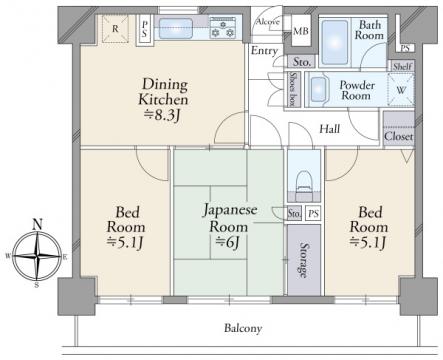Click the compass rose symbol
[37, 256]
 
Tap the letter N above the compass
[37, 224]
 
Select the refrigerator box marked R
[115, 29]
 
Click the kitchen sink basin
[176, 28]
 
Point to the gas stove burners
[223, 28]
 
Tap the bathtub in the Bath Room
[335, 42]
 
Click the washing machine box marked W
[401, 90]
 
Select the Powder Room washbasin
[318, 89]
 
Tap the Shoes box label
[293, 89]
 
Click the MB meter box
[301, 31]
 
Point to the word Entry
[264, 51]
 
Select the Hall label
[330, 129]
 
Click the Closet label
[399, 136]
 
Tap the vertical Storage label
[303, 260]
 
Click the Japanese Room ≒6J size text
[227, 242]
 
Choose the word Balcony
[243, 328]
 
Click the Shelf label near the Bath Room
[402, 66]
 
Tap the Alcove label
[268, 22]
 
